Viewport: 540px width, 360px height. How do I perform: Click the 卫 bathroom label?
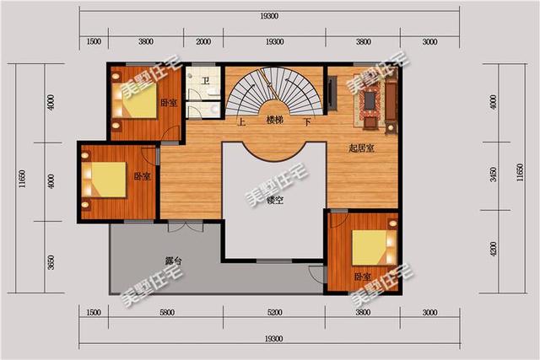[206, 81]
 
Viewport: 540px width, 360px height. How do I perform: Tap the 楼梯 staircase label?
[275, 121]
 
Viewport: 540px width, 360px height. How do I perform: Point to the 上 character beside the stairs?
[242, 122]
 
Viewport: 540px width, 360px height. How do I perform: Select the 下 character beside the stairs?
[307, 122]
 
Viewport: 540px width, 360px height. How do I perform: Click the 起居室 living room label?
[361, 148]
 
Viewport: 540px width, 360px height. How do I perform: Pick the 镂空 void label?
[275, 200]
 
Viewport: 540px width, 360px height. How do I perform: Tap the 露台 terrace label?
[173, 261]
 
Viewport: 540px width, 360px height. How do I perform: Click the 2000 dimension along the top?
[203, 42]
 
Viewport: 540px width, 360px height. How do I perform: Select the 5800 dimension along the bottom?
[167, 313]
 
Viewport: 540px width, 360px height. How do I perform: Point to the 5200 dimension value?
[274, 313]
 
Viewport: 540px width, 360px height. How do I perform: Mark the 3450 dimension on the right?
[493, 175]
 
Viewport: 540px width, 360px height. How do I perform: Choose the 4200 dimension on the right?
[493, 249]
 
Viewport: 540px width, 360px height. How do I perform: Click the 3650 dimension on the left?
[51, 262]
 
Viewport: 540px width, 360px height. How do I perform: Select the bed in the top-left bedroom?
[135, 100]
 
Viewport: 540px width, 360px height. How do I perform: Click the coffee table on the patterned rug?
[370, 99]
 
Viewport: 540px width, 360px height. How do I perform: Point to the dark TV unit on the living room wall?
[332, 94]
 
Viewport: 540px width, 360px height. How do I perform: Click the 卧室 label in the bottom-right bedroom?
[363, 277]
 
